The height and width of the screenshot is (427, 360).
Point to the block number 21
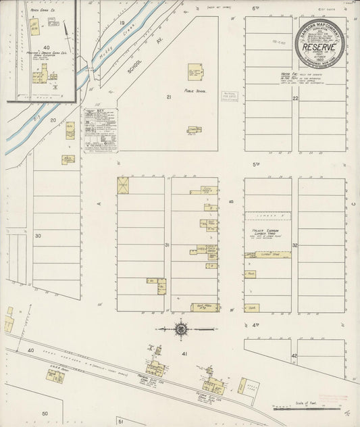(170, 97)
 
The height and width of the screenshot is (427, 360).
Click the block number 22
(295, 99)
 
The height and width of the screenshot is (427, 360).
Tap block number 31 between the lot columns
(167, 245)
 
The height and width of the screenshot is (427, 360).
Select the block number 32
(295, 245)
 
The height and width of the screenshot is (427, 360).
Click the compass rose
(181, 330)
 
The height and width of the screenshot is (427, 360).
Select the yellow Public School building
(195, 72)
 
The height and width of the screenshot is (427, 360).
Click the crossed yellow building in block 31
(123, 185)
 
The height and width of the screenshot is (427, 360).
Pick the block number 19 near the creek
(122, 23)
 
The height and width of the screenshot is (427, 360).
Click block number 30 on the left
(38, 236)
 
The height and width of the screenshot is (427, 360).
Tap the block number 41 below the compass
(184, 353)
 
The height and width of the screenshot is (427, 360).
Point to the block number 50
(45, 413)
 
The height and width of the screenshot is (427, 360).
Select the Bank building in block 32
(251, 308)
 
